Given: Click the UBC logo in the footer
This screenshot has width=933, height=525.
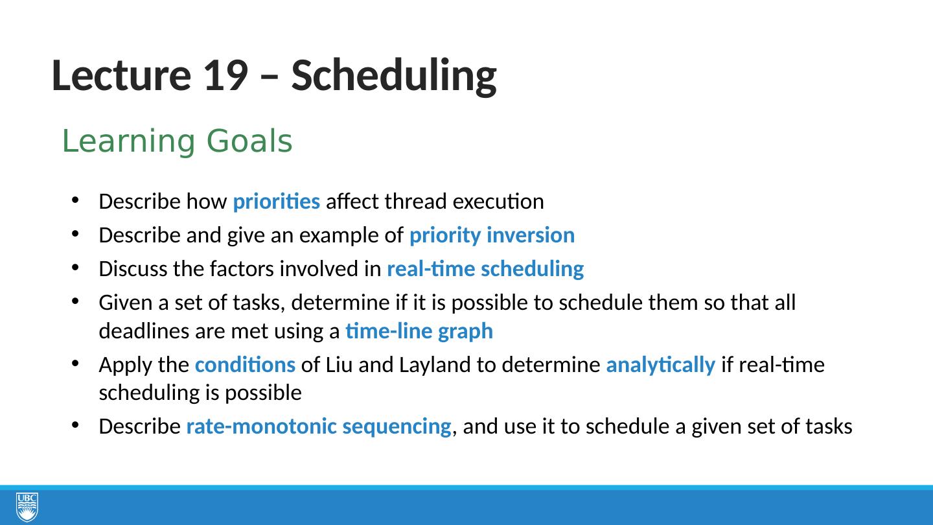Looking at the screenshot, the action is tap(27, 507).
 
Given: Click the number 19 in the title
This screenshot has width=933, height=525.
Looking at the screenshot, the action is tap(226, 75).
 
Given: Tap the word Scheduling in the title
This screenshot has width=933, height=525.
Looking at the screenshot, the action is tap(394, 77).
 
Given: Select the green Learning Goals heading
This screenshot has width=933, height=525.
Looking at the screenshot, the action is tap(177, 142).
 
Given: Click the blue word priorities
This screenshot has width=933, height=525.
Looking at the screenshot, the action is tap(277, 202).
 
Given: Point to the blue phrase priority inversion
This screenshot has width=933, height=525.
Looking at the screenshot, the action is tap(492, 235).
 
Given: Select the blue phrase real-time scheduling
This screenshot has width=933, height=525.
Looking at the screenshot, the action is tap(485, 269).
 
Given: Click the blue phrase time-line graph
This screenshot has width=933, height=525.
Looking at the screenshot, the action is tap(419, 331).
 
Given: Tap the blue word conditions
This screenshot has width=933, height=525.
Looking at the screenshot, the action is tap(246, 365).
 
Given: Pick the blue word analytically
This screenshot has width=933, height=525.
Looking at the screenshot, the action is tap(661, 366).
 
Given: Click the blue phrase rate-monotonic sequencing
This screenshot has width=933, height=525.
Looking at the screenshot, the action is tap(319, 426).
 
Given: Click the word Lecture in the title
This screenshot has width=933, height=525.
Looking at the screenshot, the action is tap(121, 75).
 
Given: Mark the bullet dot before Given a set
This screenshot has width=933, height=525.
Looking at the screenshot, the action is tap(75, 301).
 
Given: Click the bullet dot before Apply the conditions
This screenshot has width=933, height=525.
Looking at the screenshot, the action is tap(75, 364).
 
